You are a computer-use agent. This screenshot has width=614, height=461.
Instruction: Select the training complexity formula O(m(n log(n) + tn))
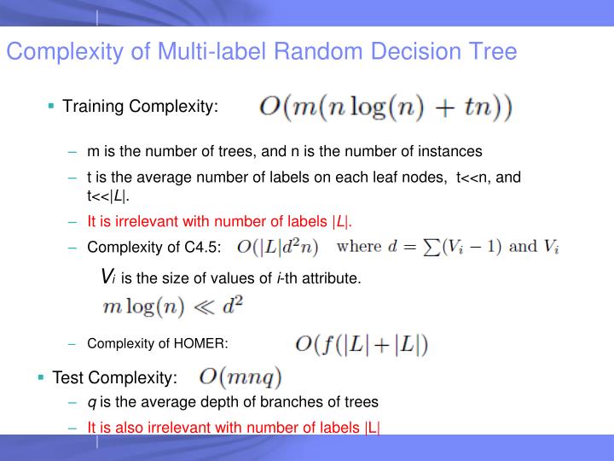point(385,108)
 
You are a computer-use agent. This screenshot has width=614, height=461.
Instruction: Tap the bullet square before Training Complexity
point(52,106)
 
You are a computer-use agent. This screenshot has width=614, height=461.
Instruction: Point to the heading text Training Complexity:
point(141,107)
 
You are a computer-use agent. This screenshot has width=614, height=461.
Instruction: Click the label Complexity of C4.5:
point(154,248)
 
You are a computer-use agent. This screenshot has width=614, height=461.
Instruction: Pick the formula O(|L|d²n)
point(277,248)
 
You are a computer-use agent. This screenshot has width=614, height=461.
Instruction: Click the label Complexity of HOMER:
point(158,344)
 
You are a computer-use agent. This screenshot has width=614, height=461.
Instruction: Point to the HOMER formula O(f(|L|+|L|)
point(362,344)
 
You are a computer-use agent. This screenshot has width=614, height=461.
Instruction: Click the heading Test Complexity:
point(115,377)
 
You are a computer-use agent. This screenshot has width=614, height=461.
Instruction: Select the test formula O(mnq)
point(240,376)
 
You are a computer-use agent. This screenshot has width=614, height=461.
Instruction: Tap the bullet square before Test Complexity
point(40,376)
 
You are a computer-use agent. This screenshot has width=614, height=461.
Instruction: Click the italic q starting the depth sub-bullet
point(91,401)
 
